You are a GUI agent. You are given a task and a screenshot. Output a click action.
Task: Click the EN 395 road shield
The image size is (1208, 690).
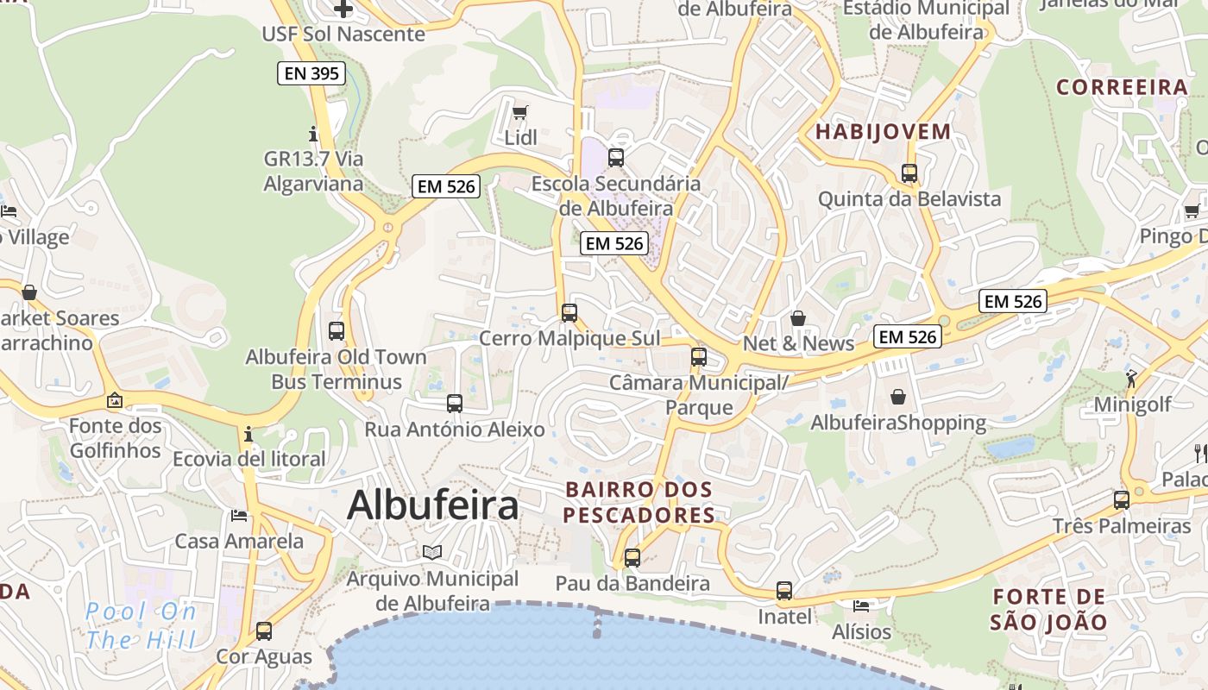(311, 73)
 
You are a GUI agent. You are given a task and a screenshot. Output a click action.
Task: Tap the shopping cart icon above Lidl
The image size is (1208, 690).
(519, 113)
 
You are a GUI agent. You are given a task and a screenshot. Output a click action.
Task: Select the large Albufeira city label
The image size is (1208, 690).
(432, 505)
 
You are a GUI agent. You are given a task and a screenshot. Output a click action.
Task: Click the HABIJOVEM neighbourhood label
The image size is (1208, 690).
(883, 132)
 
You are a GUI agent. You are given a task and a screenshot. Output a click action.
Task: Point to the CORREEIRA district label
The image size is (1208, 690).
(1122, 87)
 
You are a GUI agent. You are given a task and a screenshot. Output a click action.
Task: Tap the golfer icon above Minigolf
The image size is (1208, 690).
(1131, 378)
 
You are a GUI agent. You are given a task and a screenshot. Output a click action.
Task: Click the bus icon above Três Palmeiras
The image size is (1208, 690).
(1121, 499)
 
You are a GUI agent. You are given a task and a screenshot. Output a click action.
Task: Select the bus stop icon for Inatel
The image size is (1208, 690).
(783, 591)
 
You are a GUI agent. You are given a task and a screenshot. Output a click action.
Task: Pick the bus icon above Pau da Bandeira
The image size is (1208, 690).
(632, 557)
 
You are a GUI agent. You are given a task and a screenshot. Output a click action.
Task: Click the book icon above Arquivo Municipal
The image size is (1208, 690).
(432, 552)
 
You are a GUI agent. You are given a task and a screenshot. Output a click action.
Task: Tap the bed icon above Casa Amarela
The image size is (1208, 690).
(239, 516)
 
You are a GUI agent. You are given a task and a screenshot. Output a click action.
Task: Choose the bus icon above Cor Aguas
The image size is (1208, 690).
(264, 630)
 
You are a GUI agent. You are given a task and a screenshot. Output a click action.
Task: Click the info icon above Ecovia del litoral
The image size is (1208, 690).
(249, 433)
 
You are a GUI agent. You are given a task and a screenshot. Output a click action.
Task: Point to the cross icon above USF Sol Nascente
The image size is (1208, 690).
(343, 9)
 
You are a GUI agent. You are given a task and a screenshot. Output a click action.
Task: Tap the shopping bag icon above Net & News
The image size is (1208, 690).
(798, 318)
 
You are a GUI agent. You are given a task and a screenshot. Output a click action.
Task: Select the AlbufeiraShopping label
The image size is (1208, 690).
(898, 423)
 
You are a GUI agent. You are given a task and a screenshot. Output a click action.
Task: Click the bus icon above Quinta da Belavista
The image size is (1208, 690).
(909, 172)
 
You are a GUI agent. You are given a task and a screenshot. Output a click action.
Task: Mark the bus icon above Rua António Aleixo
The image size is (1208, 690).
(454, 403)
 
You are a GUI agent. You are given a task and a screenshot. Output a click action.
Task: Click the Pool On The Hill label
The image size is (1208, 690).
(141, 625)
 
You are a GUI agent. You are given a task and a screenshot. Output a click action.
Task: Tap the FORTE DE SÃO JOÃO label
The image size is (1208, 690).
(1048, 609)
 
